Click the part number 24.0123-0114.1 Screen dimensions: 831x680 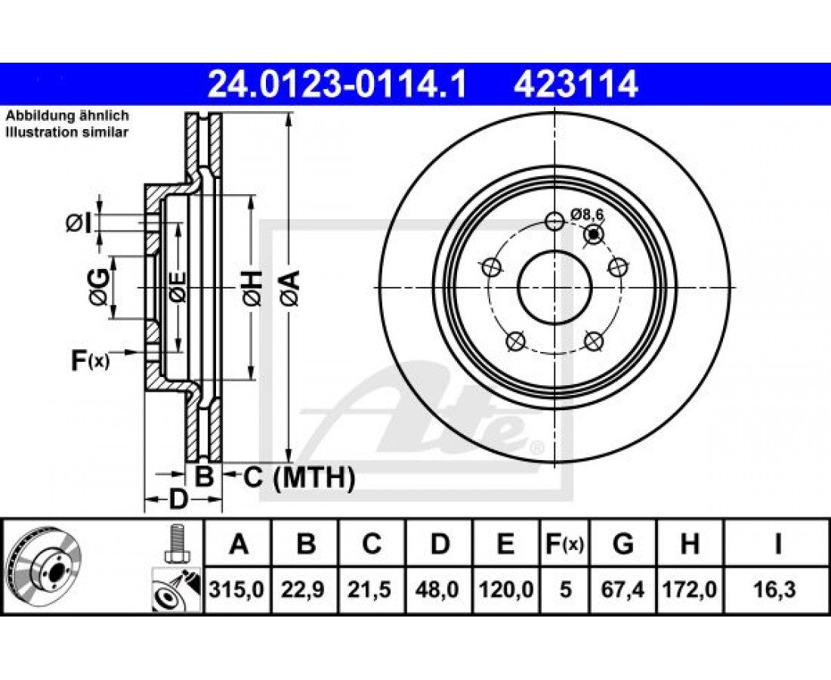[x=337, y=85]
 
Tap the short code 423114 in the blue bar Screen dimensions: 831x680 [x=576, y=85]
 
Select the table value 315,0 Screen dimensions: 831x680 [x=236, y=589]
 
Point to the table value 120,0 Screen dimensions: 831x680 [x=505, y=589]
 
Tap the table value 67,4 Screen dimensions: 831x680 [x=622, y=589]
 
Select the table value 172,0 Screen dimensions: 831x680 [x=689, y=589]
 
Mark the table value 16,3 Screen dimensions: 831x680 [x=777, y=589]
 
